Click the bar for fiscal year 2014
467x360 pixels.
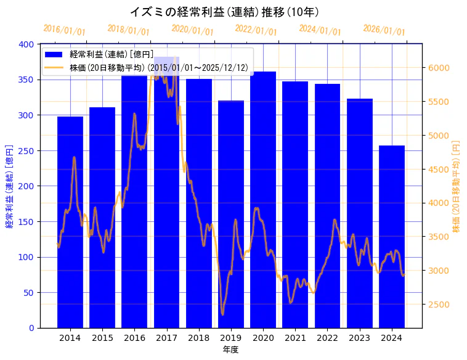tap(70, 222)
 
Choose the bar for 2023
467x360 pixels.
tap(360, 213)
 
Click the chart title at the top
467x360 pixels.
tap(224, 12)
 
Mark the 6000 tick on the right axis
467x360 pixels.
tap(438, 68)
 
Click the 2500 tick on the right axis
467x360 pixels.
tap(438, 305)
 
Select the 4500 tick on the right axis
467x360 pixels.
tap(438, 170)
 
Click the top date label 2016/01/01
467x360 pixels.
tap(65, 30)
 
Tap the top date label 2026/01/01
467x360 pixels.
tap(384, 30)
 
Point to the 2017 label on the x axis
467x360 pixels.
tap(166, 338)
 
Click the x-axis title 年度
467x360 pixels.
tap(231, 350)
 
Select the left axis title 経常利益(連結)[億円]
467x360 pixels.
tap(9, 186)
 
